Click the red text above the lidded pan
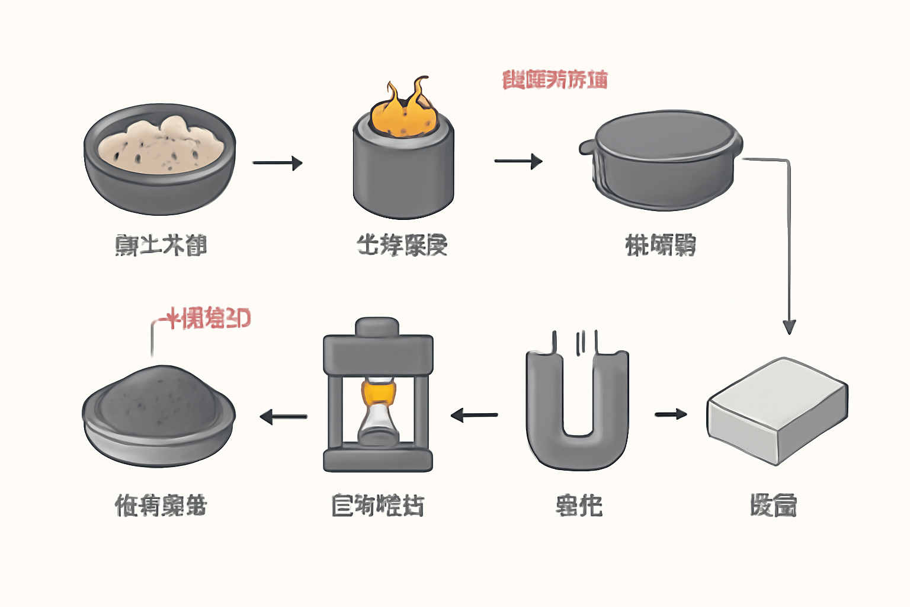555,79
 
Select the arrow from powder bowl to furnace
277,162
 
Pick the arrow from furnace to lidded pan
518,161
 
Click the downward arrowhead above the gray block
789,326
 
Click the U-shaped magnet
577,415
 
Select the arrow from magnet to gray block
671,414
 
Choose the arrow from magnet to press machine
474,415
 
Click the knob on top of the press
377,327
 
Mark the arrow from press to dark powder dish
283,417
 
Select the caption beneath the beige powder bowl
161,245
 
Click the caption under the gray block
773,506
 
